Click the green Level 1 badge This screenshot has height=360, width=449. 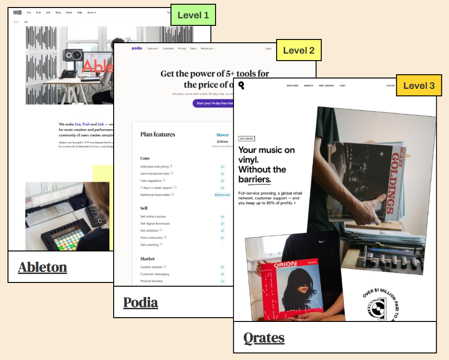(193, 15)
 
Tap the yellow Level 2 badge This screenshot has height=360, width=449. (299, 50)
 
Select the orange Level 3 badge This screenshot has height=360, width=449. (419, 86)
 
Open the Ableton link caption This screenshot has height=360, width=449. (42, 267)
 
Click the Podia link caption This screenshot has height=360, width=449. (140, 302)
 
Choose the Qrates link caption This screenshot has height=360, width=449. (263, 337)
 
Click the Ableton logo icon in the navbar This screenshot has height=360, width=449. (18, 12)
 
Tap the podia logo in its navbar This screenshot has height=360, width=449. (137, 48)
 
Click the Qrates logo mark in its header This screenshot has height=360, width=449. (241, 85)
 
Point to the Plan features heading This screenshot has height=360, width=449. (157, 134)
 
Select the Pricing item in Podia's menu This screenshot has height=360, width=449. (182, 48)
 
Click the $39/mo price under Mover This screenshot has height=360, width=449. (222, 141)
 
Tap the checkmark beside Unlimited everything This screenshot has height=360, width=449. (222, 166)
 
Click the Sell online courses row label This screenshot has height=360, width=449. (153, 217)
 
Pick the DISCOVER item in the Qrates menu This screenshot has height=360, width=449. (292, 86)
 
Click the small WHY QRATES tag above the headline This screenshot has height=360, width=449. (247, 139)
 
